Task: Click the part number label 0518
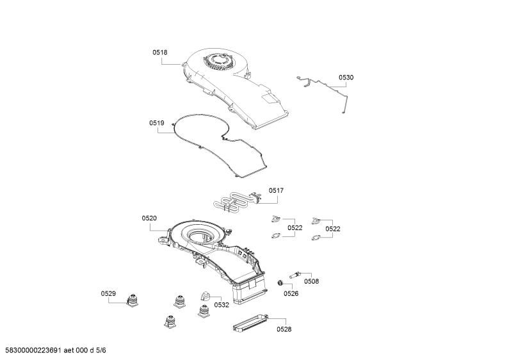pyautogui.click(x=160, y=53)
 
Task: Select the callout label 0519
pyautogui.click(x=157, y=123)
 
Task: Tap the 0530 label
pyautogui.click(x=346, y=78)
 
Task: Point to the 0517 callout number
pyautogui.click(x=276, y=191)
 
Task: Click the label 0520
pyautogui.click(x=149, y=218)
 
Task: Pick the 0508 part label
pyautogui.click(x=311, y=281)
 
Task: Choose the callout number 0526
pyautogui.click(x=291, y=294)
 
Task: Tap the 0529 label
pyautogui.click(x=108, y=294)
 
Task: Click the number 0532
pyautogui.click(x=222, y=305)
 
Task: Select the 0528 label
pyautogui.click(x=284, y=329)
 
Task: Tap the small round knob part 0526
pyautogui.click(x=279, y=283)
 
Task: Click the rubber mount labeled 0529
pyautogui.click(x=133, y=300)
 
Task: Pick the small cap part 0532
pyautogui.click(x=205, y=296)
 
